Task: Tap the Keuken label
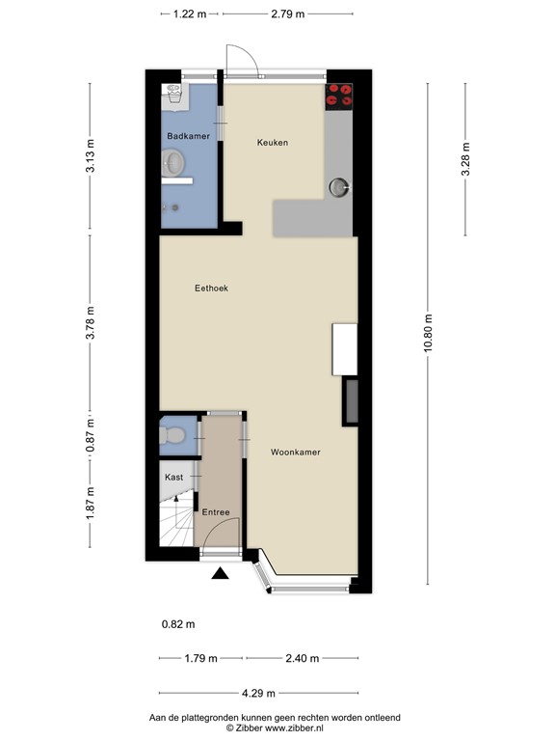(x=272, y=143)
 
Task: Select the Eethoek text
(x=210, y=288)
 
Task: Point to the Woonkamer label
(x=295, y=452)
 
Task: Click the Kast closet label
(x=173, y=478)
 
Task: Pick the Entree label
(x=215, y=511)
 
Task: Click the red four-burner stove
(x=340, y=95)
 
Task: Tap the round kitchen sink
(x=341, y=187)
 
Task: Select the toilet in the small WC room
(x=172, y=437)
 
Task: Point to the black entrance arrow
(x=221, y=574)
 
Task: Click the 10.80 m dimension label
(x=427, y=333)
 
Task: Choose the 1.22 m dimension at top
(x=190, y=14)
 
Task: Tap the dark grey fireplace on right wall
(x=352, y=402)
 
